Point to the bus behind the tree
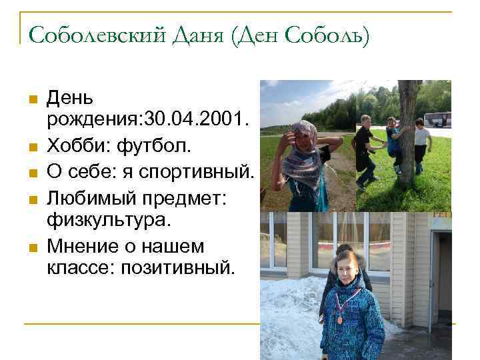(437, 119)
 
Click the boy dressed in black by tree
(365, 150)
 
